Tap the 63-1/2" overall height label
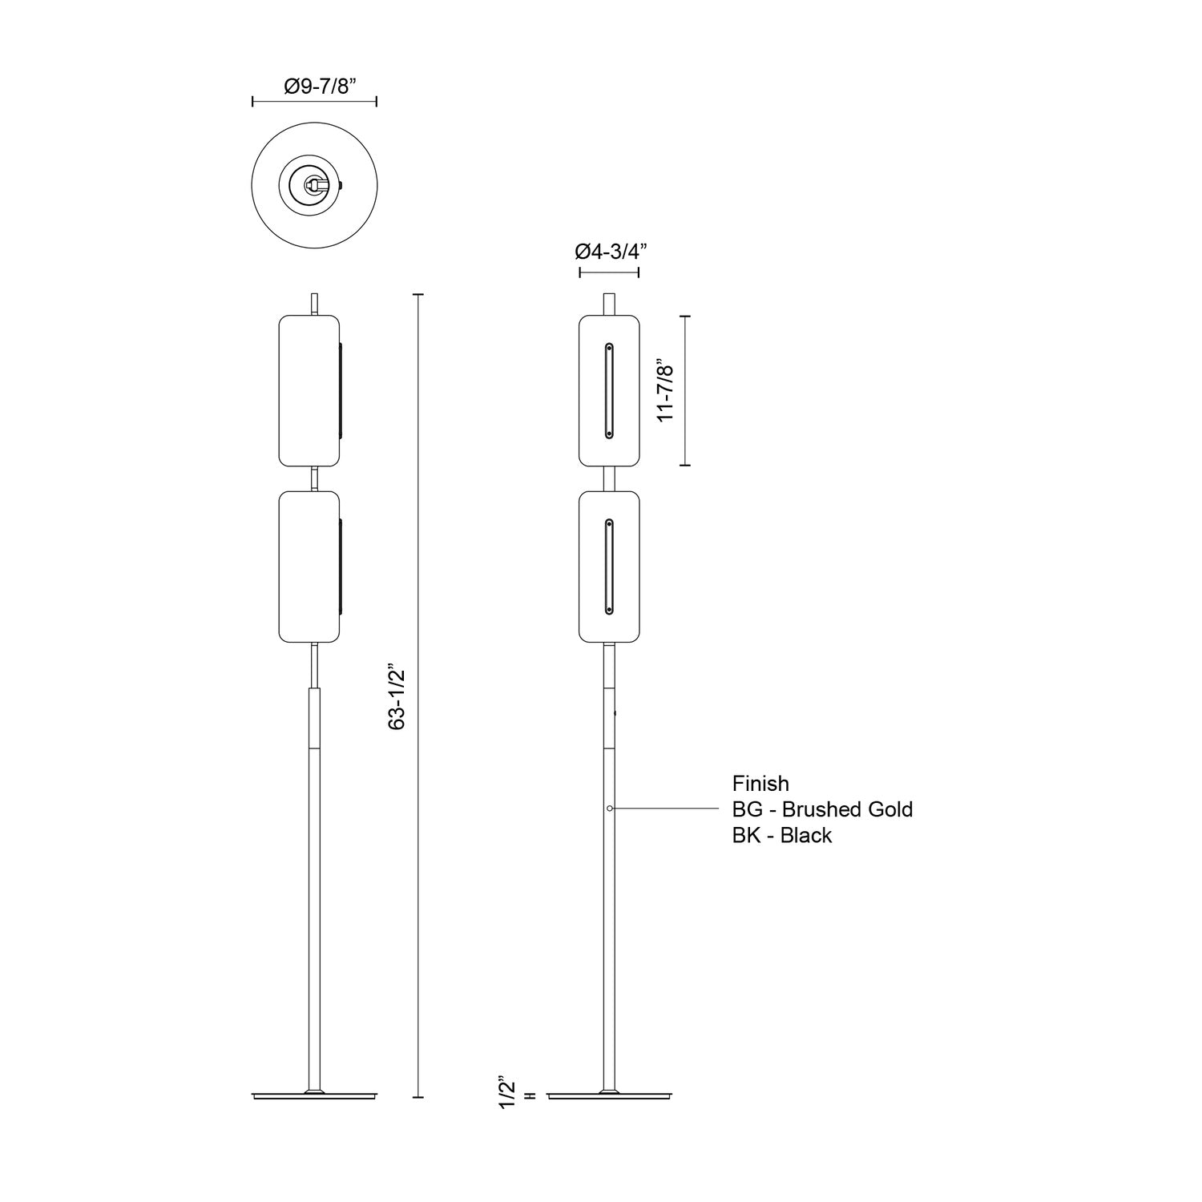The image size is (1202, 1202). coord(397,696)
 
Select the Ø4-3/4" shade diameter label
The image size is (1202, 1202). coord(611,251)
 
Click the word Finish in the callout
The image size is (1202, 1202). coord(760,784)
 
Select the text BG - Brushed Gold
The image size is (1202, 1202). coord(822,809)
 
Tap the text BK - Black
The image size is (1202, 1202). coord(781,835)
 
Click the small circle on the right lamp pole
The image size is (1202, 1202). coord(610,809)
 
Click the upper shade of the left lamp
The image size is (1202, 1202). coord(309,390)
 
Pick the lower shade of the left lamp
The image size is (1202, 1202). coord(309,567)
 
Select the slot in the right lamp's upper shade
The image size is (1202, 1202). coord(609,390)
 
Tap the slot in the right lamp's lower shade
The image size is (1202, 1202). coord(609,567)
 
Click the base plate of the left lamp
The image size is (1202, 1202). coord(314,1095)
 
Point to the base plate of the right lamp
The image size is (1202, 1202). coord(609,1095)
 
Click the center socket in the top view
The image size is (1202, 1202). coord(313,184)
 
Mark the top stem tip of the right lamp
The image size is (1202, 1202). coord(609,304)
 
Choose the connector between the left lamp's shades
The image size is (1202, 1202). coord(315,478)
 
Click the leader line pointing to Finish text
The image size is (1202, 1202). coord(665,809)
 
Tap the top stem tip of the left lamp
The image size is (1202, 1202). coord(315,304)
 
